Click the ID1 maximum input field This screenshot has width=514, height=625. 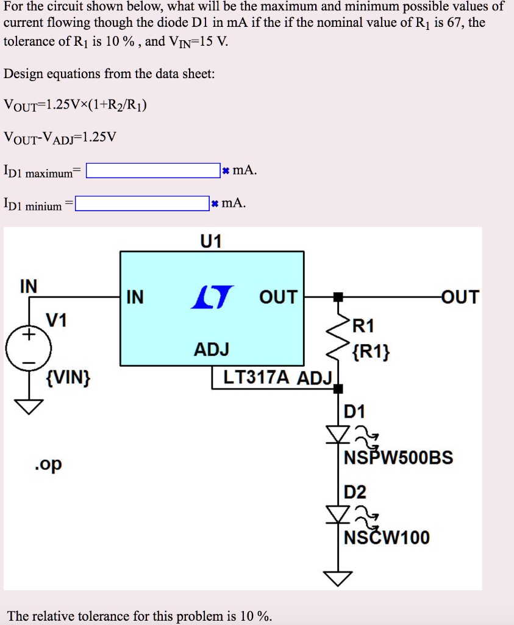pos(153,170)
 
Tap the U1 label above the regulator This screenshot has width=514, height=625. pos(210,242)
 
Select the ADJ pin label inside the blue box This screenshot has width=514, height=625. pos(212,350)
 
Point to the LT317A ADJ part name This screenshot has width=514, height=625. pos(277,378)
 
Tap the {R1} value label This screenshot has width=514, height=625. pos(373,352)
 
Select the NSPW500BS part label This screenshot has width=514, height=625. pos(399,458)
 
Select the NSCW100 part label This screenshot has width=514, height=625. pos(387,538)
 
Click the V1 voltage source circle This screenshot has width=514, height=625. pos(29,349)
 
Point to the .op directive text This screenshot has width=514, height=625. pos(48,464)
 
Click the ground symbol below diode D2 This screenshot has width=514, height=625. pos(338,577)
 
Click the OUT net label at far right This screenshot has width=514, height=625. pos(460,297)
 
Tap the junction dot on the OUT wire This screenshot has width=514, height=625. pos(338,297)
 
